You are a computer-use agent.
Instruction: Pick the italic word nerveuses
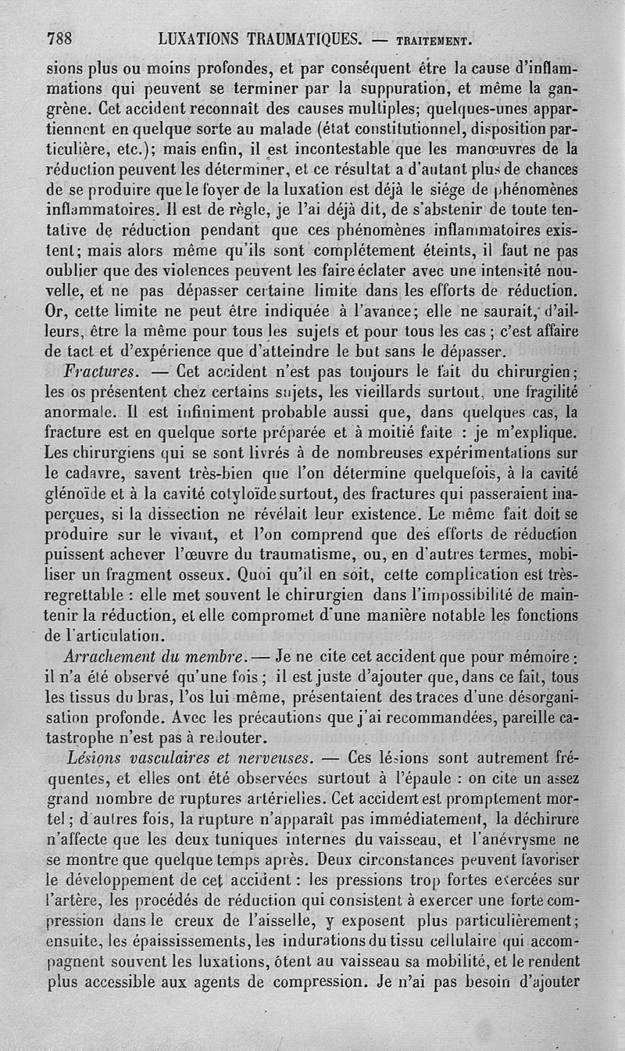(x=270, y=757)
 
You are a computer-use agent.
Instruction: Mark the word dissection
(x=202, y=515)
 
